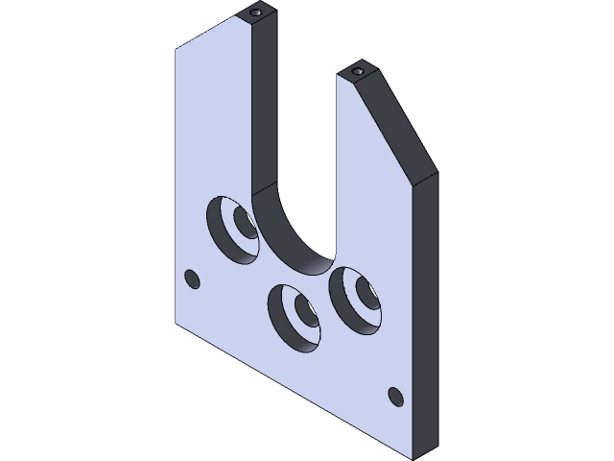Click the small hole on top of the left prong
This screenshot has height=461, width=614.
(x=256, y=13)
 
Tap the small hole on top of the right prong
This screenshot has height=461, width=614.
(x=358, y=72)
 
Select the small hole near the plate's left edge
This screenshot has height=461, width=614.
(x=191, y=279)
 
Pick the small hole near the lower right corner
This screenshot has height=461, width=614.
(x=393, y=395)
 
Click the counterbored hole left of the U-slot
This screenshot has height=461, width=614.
(x=232, y=228)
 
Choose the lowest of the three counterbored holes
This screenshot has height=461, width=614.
(x=295, y=313)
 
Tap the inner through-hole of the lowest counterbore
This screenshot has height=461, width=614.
(x=306, y=310)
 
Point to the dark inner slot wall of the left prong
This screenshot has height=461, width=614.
(x=264, y=106)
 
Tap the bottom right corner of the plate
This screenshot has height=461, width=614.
(x=414, y=454)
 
